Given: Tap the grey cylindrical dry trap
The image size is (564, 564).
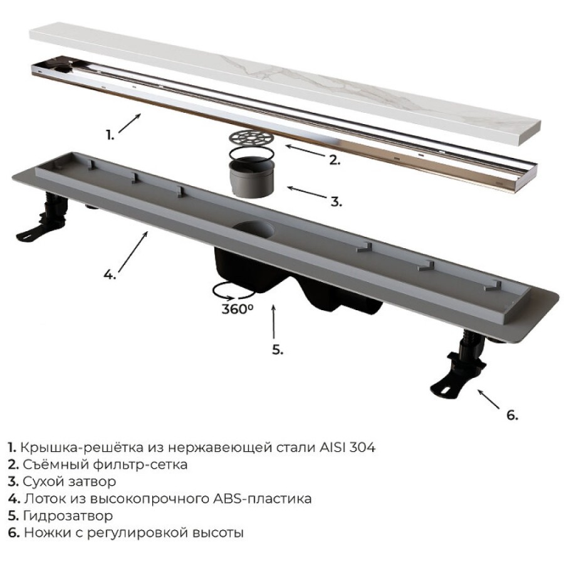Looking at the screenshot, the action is [252, 178].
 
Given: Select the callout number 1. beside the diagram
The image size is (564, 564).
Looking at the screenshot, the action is [110, 135].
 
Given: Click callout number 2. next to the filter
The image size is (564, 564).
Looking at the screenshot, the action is [335, 160].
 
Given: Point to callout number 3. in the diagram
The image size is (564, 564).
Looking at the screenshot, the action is [337, 202].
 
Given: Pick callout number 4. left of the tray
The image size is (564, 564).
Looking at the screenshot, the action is [110, 275].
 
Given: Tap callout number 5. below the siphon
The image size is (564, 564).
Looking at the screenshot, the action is [278, 349].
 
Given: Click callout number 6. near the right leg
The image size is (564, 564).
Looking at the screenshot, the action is [512, 415].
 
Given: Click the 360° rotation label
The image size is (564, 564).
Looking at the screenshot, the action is [238, 308].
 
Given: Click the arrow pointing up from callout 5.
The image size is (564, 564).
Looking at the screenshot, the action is [274, 322].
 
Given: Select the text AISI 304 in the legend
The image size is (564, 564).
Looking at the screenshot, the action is [347, 447].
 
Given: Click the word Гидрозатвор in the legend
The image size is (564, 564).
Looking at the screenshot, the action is [68, 516].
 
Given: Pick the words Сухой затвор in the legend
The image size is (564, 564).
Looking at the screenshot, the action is [70, 482].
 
